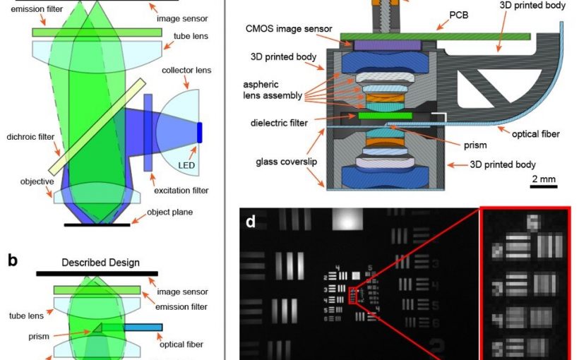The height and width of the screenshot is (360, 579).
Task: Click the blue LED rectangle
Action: (200, 133)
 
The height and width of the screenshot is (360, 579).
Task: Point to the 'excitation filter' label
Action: (181, 191)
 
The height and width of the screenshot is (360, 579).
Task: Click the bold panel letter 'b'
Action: (12, 260)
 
